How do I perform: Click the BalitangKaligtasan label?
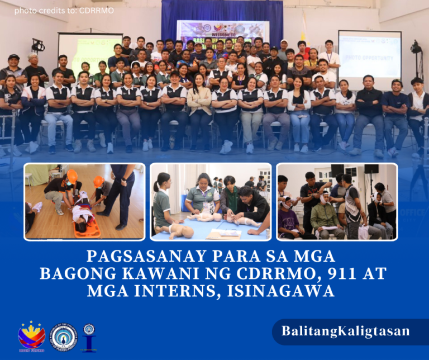pos(345,330)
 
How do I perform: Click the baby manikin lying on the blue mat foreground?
pos(178,230)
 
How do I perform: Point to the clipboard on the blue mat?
pos(224,234)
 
